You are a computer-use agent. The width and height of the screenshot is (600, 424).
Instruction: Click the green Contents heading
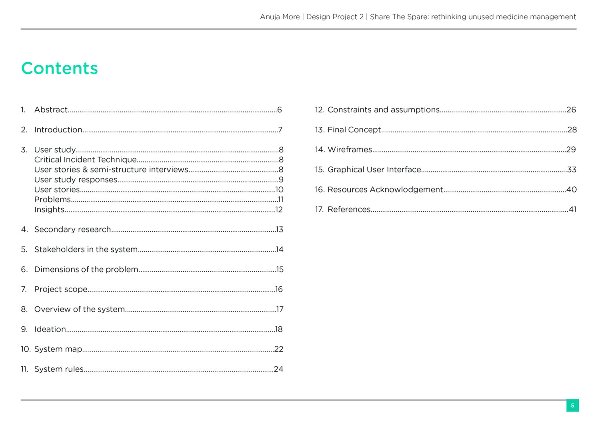pos(60,68)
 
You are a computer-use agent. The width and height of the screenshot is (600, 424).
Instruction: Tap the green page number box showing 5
pos(572,405)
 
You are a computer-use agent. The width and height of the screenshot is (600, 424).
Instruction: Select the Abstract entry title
pos(51,110)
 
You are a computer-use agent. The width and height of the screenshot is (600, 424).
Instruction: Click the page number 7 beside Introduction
pos(280,130)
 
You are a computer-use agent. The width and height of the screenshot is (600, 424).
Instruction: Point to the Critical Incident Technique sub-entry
pos(85,160)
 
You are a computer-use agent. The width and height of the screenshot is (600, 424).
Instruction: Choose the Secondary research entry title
pos(72,229)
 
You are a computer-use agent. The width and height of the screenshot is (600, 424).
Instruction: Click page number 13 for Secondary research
pos(280,229)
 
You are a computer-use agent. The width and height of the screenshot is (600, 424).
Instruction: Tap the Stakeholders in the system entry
pos(86,249)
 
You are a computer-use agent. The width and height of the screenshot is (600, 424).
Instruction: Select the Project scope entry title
pos(61,289)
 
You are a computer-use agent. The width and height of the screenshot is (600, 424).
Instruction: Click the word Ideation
pos(50,329)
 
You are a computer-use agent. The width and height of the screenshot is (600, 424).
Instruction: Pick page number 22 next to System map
pos(279,349)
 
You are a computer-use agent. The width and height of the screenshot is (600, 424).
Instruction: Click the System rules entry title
pos(59,369)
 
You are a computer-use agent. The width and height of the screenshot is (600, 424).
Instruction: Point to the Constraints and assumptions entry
pos(383,110)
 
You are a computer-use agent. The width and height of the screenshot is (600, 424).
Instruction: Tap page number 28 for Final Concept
pos(572,130)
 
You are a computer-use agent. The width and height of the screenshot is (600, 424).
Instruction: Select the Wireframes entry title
pos(350,150)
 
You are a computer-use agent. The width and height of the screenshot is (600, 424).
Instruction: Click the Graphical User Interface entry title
pos(374,170)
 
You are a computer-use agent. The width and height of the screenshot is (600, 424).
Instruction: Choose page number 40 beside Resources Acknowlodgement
pos(572,190)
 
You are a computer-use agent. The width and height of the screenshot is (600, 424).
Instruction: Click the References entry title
pos(349,209)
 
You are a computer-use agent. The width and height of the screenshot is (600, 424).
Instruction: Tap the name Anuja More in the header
pos(280,17)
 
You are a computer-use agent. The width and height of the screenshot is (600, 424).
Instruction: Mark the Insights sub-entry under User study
pos(49,210)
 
